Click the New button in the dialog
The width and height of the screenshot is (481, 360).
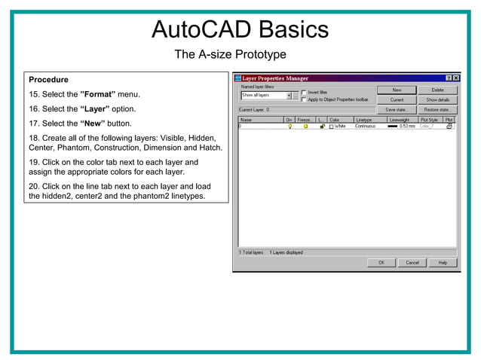[397, 90]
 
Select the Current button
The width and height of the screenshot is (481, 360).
[397, 99]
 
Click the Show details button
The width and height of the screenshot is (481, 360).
[437, 99]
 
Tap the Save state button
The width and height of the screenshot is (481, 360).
[397, 109]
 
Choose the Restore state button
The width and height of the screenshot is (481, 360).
[437, 109]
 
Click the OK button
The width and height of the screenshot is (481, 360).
[381, 262]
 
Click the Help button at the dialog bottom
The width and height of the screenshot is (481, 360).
[443, 262]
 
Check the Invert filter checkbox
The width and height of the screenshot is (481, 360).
[304, 92]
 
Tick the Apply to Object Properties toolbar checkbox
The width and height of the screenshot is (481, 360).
[304, 99]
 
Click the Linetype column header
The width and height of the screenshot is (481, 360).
[363, 120]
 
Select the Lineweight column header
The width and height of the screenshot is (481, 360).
[398, 120]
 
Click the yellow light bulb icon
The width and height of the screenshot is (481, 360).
[290, 127]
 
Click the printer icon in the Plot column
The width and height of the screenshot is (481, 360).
[449, 127]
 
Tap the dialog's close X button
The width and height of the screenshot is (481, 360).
[455, 78]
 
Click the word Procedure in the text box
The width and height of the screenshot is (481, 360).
[48, 80]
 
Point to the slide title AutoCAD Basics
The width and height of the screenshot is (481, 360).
[240, 29]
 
